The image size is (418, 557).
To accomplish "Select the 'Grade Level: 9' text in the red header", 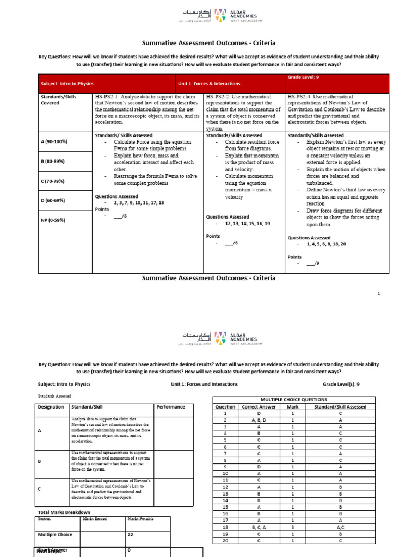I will (x=303, y=78).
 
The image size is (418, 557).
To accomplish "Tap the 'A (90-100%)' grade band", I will (x=54, y=141).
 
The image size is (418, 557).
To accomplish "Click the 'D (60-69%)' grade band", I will (x=53, y=200).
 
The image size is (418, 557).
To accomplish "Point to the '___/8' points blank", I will (x=120, y=216).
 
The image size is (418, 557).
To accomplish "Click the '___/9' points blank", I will (x=313, y=264).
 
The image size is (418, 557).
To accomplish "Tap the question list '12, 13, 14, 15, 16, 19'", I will (x=247, y=224).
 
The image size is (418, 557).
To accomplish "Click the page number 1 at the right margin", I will (x=379, y=293).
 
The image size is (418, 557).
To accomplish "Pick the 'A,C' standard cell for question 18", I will (x=340, y=527).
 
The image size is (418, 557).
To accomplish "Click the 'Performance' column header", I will (x=170, y=406).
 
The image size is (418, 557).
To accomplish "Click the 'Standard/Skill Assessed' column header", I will (x=340, y=406).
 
